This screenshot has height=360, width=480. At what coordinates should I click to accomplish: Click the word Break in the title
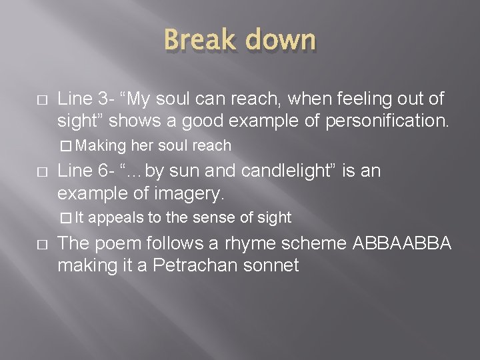point(197,41)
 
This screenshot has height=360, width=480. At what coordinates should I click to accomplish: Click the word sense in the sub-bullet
point(217,217)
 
